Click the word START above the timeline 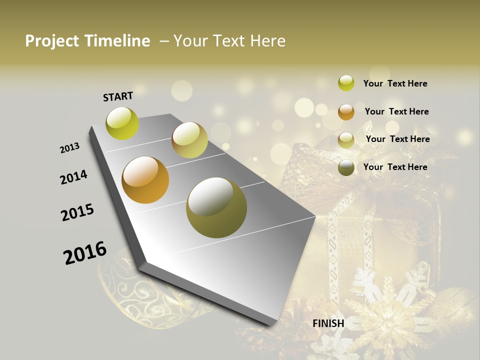118,96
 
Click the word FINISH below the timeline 328,323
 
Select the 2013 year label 69,148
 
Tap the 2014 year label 73,177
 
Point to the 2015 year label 77,212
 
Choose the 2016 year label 85,252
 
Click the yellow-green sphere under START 122,123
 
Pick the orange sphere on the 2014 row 145,180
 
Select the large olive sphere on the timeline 216,207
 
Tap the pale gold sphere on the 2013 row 189,140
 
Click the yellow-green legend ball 346,83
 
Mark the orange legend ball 346,111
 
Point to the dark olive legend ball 346,167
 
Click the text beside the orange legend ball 396,111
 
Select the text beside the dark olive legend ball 395,167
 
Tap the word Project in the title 51,41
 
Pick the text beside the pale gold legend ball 397,139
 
